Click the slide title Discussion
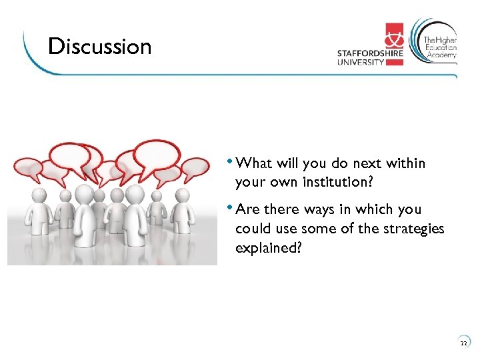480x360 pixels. click(100, 47)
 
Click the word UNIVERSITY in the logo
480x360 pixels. click(361, 63)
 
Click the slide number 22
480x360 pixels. click(463, 344)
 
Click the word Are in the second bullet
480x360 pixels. click(247, 209)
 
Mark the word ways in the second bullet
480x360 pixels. click(319, 209)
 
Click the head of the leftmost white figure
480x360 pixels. click(38, 195)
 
